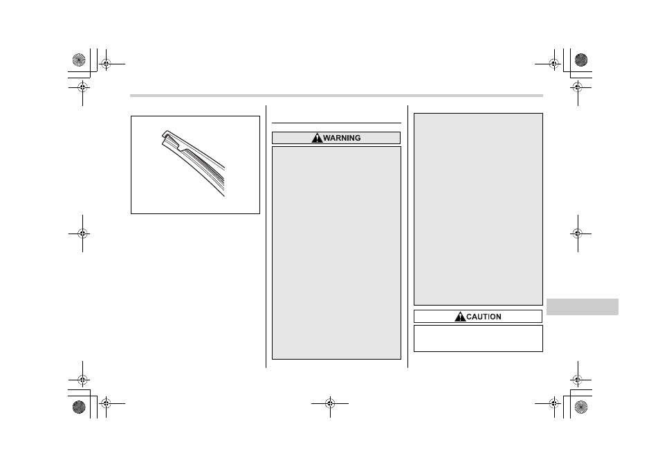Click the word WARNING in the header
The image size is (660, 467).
[x=342, y=138]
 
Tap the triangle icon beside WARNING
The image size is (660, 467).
[x=317, y=138]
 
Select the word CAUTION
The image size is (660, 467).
[x=484, y=317]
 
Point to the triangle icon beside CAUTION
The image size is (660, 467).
[x=460, y=316]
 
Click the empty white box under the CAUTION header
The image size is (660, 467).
[x=478, y=338]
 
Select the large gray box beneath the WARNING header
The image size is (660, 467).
[x=336, y=253]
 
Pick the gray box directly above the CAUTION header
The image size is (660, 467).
[x=478, y=209]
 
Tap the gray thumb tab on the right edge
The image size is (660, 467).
[x=582, y=307]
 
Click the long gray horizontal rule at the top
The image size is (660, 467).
[x=336, y=96]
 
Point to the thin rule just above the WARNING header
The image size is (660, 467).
[x=336, y=123]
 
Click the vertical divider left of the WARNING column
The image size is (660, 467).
[x=266, y=236]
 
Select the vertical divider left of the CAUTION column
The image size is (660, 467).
[x=407, y=236]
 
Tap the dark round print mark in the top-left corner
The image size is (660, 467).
[x=79, y=60]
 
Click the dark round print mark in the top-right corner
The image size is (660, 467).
[x=581, y=60]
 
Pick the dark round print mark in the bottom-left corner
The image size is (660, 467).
[x=79, y=407]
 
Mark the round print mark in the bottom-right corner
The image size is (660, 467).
[x=581, y=407]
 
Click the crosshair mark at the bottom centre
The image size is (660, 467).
[x=330, y=403]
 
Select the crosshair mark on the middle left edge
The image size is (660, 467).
[x=82, y=233]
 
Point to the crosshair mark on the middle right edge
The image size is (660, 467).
[x=578, y=233]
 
